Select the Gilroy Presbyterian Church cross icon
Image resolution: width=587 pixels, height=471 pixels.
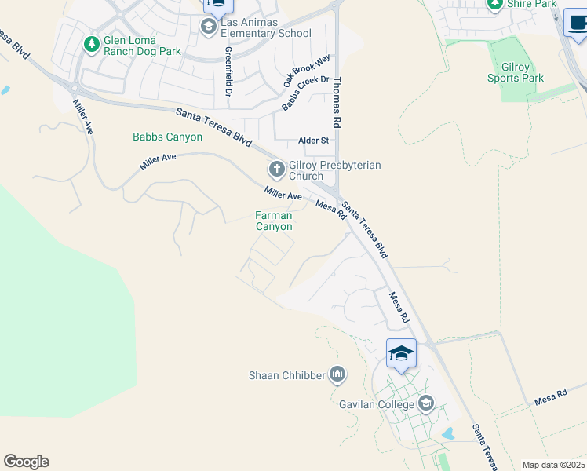click(276, 169)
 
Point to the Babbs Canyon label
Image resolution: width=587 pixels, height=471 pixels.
click(167, 137)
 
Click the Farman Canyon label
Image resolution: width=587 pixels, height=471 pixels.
click(274, 221)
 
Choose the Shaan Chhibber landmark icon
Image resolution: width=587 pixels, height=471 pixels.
click(338, 375)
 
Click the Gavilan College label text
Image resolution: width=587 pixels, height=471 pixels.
click(377, 404)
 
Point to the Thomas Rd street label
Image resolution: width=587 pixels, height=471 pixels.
click(337, 102)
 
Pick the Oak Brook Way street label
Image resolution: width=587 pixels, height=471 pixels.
click(308, 71)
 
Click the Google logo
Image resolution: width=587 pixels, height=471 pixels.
click(26, 462)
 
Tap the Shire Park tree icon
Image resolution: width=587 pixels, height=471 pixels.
click(494, 4)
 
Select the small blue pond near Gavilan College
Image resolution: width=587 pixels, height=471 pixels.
click(449, 433)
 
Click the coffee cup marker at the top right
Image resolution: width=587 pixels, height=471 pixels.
click(575, 24)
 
